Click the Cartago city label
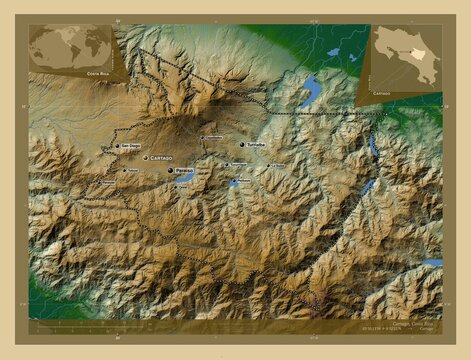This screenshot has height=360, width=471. (162, 158)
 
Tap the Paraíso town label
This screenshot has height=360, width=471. (184, 171)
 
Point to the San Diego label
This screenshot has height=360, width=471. (131, 146)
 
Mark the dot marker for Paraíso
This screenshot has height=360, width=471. (170, 171)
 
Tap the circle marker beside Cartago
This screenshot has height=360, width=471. (146, 158)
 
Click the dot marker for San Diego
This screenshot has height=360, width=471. (118, 146)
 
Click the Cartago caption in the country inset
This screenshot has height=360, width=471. (382, 91)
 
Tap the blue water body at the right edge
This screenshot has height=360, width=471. (432, 263)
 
